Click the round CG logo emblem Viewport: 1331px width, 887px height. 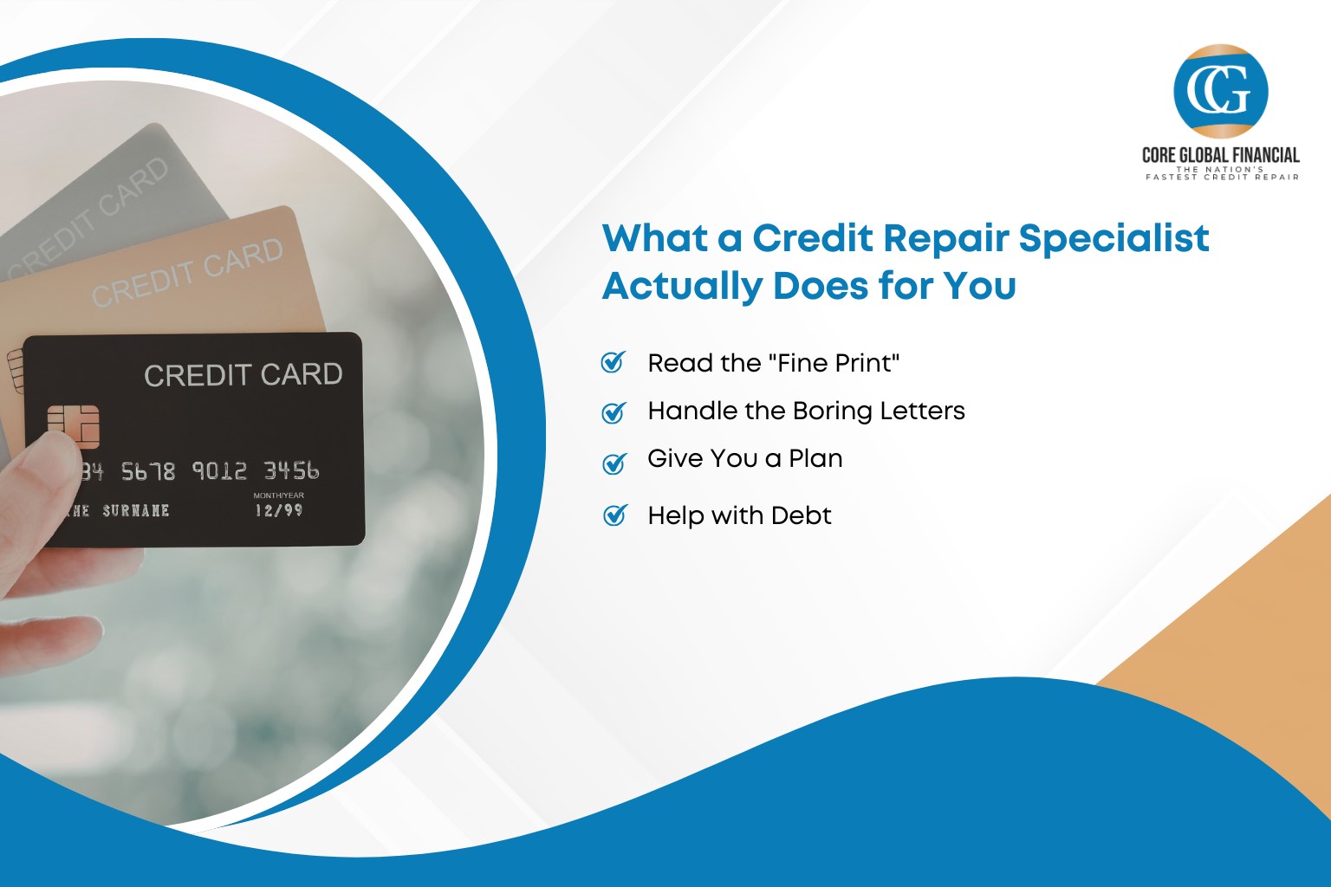point(1220,91)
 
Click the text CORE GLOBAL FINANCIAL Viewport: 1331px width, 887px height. point(1220,155)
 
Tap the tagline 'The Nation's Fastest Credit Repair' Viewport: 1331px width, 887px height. point(1222,173)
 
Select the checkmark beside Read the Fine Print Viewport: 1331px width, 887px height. point(614,362)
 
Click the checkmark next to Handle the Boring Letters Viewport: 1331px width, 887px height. point(614,412)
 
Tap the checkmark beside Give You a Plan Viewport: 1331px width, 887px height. point(614,463)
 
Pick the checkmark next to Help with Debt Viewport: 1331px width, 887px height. point(614,516)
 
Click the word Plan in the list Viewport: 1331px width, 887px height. point(815,458)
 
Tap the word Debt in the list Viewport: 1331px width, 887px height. point(801,515)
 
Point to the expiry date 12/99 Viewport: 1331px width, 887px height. point(278,510)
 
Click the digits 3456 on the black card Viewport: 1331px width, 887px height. point(291,470)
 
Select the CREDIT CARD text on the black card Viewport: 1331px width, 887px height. point(243,375)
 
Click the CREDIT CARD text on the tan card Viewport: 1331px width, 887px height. point(187,273)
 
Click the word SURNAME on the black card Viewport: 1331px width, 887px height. point(135,510)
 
